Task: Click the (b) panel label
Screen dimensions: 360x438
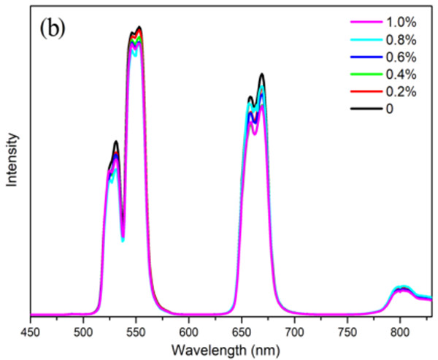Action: pyautogui.click(x=55, y=33)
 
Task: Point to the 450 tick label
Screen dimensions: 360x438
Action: pyautogui.click(x=30, y=330)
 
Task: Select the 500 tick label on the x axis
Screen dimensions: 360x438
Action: pyautogui.click(x=83, y=330)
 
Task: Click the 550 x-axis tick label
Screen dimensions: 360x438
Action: pyautogui.click(x=136, y=330)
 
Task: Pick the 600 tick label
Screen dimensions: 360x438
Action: pyautogui.click(x=189, y=330)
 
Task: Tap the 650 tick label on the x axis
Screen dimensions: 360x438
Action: pyautogui.click(x=242, y=330)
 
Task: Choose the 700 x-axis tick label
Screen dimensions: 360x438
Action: pyautogui.click(x=294, y=330)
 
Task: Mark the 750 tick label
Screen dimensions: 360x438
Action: pyautogui.click(x=347, y=330)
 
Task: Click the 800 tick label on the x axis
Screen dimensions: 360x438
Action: pyautogui.click(x=400, y=330)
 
